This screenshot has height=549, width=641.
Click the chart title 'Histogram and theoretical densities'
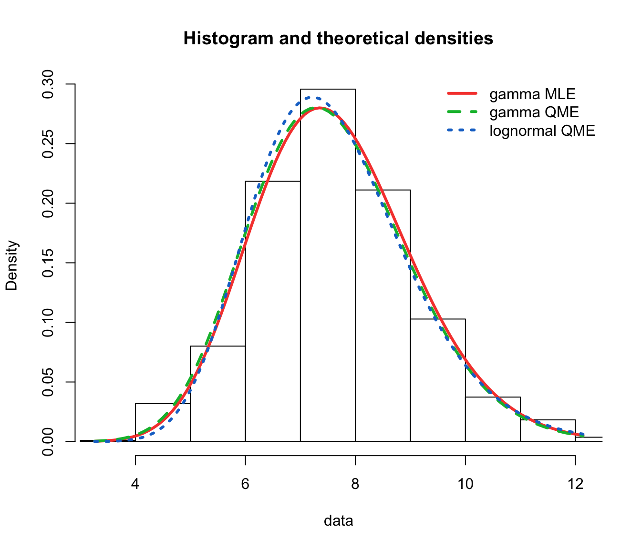[x=338, y=39]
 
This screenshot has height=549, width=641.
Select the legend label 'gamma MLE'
[x=532, y=94]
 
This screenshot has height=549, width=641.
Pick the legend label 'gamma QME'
[x=534, y=112]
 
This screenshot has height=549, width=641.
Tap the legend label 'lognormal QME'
[x=542, y=131]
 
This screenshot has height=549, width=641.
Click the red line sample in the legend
[x=462, y=93]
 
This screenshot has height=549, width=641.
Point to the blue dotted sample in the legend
[x=462, y=130]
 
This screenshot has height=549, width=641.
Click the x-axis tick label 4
[x=135, y=484]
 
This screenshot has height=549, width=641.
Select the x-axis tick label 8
[x=355, y=484]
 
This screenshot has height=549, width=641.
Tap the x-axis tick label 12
[x=575, y=484]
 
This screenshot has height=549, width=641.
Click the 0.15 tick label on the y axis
[x=48, y=263]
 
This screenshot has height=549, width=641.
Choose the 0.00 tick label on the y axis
[x=48, y=442]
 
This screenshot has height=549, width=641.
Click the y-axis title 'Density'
[x=11, y=265]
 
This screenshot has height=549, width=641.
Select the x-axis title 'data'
[x=338, y=521]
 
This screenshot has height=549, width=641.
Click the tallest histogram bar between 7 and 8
[x=328, y=265]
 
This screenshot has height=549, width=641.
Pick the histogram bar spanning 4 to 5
[x=163, y=423]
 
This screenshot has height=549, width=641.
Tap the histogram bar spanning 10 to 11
[x=493, y=419]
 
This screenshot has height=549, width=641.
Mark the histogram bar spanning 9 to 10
[x=438, y=380]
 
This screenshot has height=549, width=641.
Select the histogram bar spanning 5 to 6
[x=217, y=394]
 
